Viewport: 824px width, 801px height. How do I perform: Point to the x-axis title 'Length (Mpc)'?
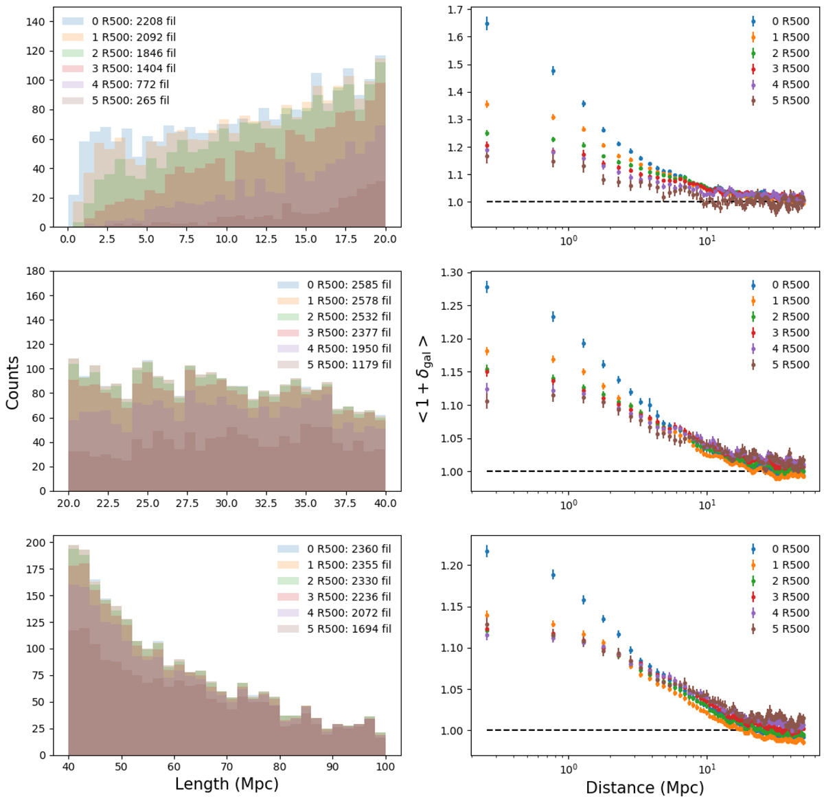tap(227, 784)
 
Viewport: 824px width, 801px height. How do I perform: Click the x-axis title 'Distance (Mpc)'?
tap(644, 787)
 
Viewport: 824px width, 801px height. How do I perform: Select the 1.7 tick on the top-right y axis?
tap(454, 10)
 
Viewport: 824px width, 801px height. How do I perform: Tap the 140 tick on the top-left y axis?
tap(35, 22)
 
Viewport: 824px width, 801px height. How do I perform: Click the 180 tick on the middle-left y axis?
tap(35, 272)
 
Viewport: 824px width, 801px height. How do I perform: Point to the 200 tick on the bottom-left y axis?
tap(35, 543)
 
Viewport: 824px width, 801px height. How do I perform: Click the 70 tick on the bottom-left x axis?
tap(227, 767)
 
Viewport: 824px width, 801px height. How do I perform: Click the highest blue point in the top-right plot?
tap(487, 24)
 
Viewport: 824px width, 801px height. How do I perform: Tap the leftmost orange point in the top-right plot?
tap(487, 104)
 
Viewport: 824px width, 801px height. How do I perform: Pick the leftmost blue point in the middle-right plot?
tap(487, 287)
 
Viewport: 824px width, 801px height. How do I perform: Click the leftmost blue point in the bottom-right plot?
tap(487, 551)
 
